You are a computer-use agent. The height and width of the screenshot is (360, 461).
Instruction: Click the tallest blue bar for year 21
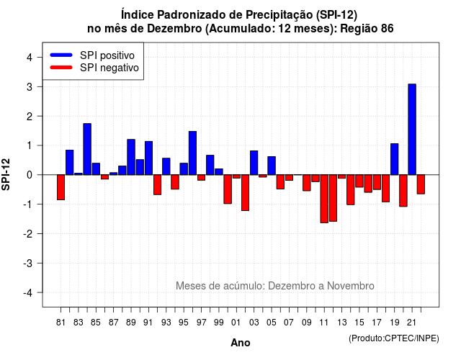click(412, 130)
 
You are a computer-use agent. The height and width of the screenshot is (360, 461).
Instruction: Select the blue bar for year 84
click(87, 149)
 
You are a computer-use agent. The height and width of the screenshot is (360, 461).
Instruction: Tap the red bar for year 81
click(61, 187)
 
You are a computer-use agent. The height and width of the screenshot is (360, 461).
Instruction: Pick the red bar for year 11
click(324, 199)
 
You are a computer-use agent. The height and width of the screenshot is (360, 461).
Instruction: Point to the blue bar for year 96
click(192, 153)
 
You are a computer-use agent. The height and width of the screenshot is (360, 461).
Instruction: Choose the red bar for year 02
click(245, 192)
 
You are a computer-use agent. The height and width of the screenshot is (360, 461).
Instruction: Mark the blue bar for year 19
click(395, 159)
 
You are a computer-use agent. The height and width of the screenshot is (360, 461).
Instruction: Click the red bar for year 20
click(403, 191)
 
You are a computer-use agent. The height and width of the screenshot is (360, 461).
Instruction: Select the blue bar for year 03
click(254, 163)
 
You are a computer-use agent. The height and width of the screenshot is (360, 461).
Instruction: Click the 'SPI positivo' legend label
click(107, 55)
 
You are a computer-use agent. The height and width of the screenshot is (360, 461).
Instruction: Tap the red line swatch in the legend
click(61, 68)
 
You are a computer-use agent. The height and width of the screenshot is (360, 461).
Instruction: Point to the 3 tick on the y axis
click(40, 86)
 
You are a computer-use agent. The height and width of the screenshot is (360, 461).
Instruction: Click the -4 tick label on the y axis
click(28, 293)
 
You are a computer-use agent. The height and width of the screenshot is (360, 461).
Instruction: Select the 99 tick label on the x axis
click(219, 323)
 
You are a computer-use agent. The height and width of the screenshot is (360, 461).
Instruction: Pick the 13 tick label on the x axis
click(341, 323)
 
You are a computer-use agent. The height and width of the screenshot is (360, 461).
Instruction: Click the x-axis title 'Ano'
click(241, 343)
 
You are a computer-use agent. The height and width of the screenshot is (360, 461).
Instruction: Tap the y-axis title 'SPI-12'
click(6, 174)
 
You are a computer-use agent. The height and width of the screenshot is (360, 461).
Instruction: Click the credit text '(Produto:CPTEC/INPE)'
click(394, 338)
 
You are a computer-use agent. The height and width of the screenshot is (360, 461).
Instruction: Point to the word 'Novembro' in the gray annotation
click(351, 286)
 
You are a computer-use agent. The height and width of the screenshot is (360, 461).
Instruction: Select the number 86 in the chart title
click(388, 29)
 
